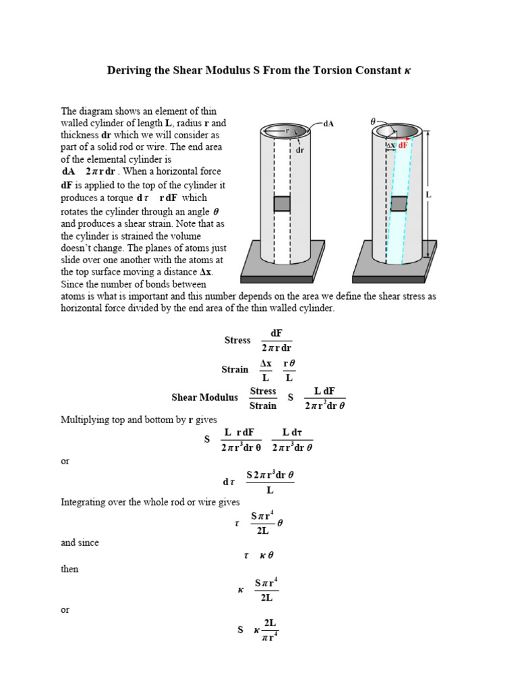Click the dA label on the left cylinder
pos(329,124)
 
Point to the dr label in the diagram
pos(301,150)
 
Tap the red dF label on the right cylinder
pos(403,144)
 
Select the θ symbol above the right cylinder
pos(373,121)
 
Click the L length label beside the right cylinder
pos(428,194)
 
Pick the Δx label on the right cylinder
pos(391,144)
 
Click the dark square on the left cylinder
pos(282,204)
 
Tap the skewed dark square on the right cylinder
pos(399,204)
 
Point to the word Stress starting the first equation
pos(237,340)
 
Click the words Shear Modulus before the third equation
pos(204,397)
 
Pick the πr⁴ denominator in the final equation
pos(270,637)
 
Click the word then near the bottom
pos(69,569)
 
